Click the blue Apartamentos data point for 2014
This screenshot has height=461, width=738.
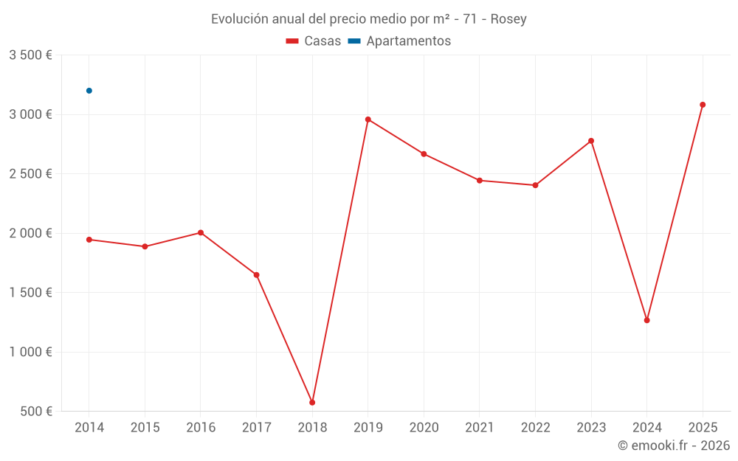coord(89,91)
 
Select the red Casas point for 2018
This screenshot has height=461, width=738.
coord(312,403)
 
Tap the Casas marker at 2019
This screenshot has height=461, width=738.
coord(368,119)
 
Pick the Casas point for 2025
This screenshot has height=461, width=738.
coord(703,105)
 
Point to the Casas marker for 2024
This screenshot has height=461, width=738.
coord(646,320)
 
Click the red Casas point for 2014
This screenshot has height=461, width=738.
coord(89,240)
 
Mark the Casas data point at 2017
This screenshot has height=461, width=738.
coord(256,275)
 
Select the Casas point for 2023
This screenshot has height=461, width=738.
coord(591,141)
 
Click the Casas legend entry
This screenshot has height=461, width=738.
coord(314,41)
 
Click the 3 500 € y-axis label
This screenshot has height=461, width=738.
coord(30,55)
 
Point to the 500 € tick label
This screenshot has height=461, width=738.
coord(35,412)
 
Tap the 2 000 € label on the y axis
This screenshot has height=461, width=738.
coord(30,233)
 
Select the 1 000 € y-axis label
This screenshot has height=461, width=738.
coord(30,352)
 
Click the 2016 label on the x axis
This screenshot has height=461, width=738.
coord(201,428)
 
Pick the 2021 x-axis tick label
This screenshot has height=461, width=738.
coord(480,428)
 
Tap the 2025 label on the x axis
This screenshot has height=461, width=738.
coord(703,428)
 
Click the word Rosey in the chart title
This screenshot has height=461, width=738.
coord(510,19)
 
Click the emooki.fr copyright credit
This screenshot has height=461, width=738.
coord(673,446)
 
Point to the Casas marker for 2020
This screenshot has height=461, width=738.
coord(424,154)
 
